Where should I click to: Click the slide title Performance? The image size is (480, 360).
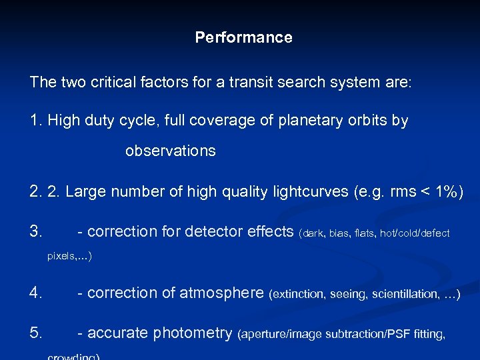click(243, 37)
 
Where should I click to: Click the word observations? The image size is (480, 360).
click(170, 151)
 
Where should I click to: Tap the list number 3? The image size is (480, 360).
click(36, 232)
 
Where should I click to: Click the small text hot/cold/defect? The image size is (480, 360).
click(415, 233)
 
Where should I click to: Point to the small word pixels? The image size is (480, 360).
click(62, 255)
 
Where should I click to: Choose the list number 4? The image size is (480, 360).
click(36, 293)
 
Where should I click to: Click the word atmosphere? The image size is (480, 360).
click(222, 293)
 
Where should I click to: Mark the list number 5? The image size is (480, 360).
click(36, 333)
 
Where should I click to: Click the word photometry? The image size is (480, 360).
click(193, 333)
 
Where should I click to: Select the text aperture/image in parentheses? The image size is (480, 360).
click(274, 335)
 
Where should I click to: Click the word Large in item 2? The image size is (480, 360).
click(85, 192)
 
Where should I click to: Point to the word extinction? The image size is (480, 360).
click(296, 293)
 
